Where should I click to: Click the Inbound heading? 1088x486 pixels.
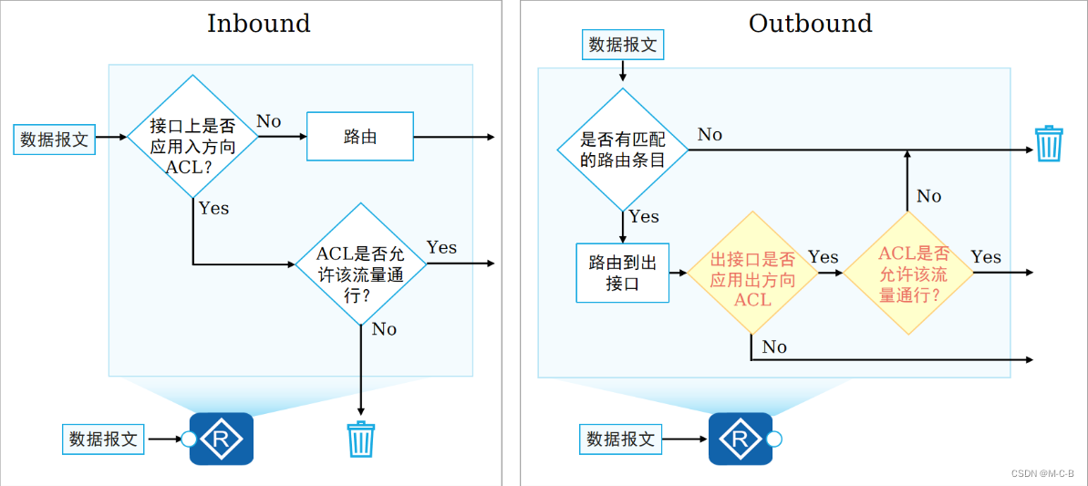[258, 23]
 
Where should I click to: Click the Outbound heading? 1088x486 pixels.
[810, 23]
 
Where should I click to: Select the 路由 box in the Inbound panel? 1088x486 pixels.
[360, 138]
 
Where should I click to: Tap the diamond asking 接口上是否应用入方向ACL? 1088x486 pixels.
[192, 138]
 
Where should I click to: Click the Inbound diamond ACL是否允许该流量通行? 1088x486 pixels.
[361, 264]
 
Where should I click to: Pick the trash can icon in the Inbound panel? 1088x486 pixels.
[361, 439]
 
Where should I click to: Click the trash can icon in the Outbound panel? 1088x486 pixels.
[1048, 144]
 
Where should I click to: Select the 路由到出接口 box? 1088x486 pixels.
[623, 273]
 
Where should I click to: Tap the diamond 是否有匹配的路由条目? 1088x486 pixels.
[624, 150]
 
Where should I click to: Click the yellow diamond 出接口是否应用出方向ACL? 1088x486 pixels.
[752, 273]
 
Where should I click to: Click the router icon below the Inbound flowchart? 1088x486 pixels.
[221, 439]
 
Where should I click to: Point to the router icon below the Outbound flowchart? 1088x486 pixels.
[741, 439]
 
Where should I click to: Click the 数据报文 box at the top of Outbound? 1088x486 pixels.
[623, 45]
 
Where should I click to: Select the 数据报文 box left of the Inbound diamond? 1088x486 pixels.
[55, 140]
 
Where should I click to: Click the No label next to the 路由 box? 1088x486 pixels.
[268, 121]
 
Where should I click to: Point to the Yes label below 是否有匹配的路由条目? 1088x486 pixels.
[644, 217]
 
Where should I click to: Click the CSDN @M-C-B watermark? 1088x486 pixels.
[1042, 473]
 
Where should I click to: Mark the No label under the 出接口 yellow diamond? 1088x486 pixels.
[773, 347]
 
